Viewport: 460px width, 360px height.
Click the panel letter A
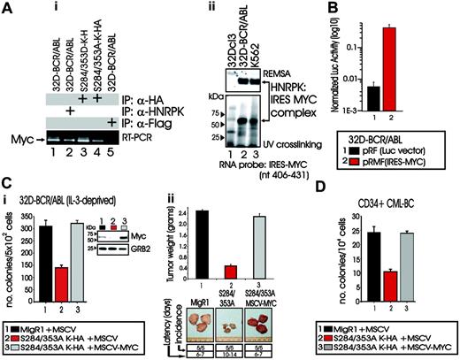point(8,8)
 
